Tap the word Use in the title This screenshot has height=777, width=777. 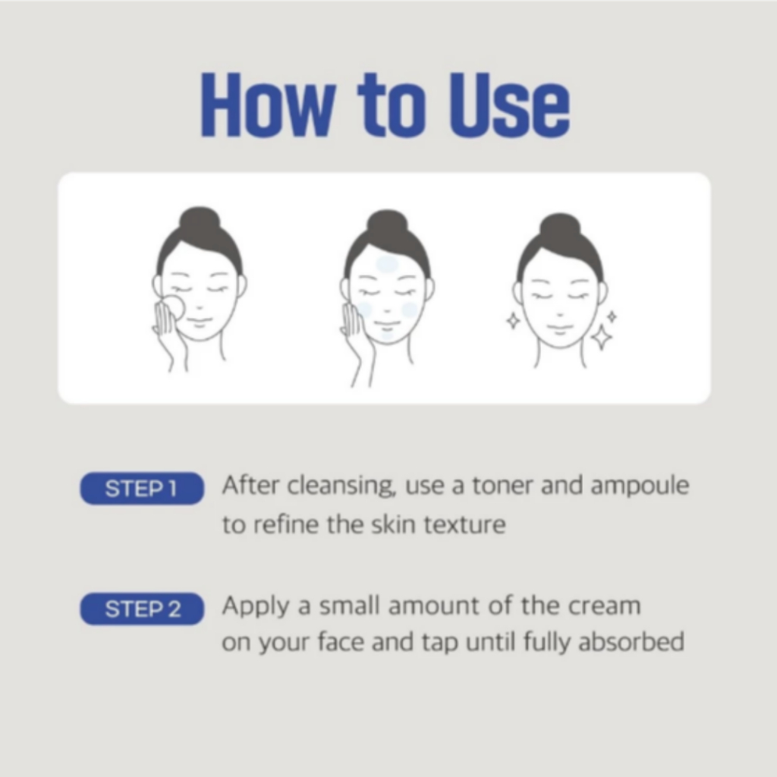pyautogui.click(x=509, y=105)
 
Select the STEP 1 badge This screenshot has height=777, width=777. pyautogui.click(x=142, y=489)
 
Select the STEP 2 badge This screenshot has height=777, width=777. pyautogui.click(x=142, y=609)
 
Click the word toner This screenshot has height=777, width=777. pyautogui.click(x=502, y=485)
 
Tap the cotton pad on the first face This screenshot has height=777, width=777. pyautogui.click(x=174, y=308)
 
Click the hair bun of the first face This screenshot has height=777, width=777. pyautogui.click(x=200, y=222)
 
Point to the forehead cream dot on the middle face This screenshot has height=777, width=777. pyautogui.click(x=387, y=264)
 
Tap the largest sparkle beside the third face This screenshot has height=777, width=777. pyautogui.click(x=602, y=338)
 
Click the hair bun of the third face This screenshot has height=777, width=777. pyautogui.click(x=560, y=228)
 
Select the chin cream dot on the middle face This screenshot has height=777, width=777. pyautogui.click(x=388, y=335)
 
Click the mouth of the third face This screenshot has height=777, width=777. pyautogui.click(x=560, y=329)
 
